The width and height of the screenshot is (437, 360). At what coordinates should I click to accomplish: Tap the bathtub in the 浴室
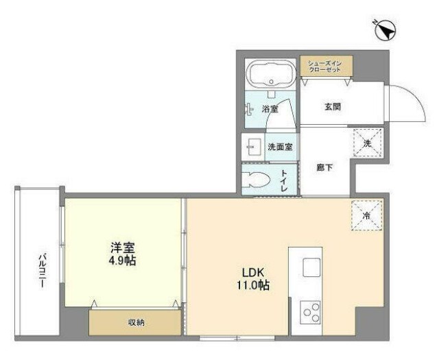270,73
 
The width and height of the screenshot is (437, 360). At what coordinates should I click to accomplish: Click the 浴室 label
270,108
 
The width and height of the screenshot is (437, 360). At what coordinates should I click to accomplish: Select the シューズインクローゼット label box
325,67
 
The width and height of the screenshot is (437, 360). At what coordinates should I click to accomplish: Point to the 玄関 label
333,107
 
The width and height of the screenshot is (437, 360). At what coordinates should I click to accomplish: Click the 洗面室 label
281,146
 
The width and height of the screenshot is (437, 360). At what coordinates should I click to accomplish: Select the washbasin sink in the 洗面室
251,146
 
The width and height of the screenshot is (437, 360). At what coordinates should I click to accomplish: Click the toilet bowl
259,180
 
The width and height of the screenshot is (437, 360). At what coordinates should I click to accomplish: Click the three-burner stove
311,312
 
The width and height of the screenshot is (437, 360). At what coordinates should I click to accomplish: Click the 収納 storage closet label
136,322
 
